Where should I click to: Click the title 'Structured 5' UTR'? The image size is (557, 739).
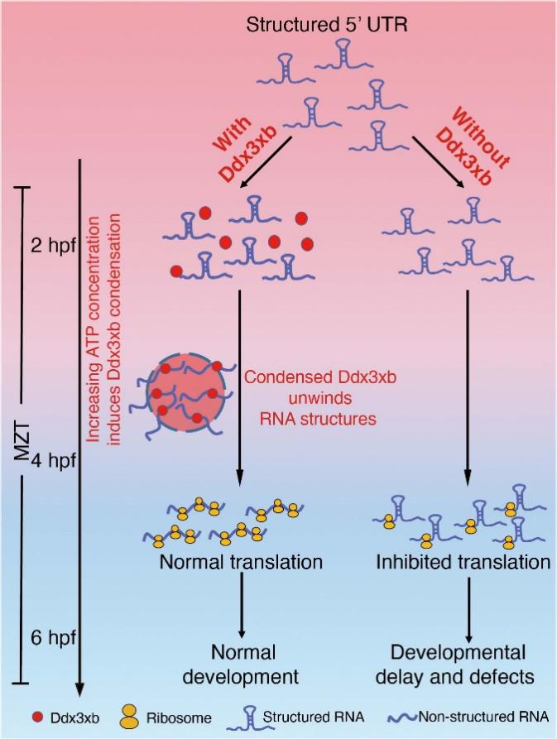coord(327,25)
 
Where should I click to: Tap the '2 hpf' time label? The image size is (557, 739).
coord(53,246)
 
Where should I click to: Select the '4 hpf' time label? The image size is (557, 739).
coord(53,460)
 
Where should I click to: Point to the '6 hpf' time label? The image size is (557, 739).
coord(53,638)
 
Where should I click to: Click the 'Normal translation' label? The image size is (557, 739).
coord(241,562)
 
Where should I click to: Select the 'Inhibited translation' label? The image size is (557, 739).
coord(463,562)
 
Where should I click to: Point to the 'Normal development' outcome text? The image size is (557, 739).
coord(242,665)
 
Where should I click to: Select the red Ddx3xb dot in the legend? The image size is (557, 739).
coord(37,717)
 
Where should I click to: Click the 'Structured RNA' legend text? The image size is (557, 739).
coord(313,717)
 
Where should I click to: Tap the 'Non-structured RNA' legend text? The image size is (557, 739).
coord(483,717)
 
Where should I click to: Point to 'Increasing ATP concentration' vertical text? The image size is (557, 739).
coord(94,329)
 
